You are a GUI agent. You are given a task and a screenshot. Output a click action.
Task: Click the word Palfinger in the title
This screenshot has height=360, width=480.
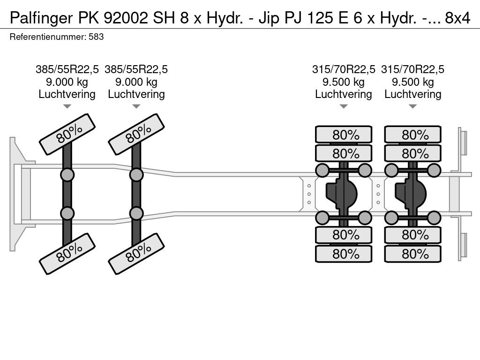click(41, 18)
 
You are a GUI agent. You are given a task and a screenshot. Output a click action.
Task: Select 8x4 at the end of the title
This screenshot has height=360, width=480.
click(457, 18)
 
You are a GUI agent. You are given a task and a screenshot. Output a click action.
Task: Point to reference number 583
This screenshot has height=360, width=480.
click(96, 37)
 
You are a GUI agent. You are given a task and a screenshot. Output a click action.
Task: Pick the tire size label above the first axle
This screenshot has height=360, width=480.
click(67, 69)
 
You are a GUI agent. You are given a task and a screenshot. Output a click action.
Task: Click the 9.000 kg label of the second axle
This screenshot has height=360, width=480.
click(136, 82)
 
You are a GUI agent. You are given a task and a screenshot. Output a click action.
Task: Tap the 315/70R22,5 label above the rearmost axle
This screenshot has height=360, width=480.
click(412, 69)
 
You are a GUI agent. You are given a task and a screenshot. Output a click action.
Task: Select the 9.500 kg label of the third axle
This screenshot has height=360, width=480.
click(344, 82)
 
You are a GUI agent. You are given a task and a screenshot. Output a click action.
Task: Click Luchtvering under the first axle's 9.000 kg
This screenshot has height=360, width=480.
click(67, 94)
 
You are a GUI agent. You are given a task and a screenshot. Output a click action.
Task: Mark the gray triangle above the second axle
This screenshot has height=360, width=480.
click(136, 106)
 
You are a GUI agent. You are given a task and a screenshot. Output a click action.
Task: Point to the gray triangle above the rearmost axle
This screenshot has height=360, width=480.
click(412, 106)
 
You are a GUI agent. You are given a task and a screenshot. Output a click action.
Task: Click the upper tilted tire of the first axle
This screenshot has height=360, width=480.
click(67, 134)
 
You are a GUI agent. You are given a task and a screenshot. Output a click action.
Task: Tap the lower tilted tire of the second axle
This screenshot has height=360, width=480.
click(136, 254)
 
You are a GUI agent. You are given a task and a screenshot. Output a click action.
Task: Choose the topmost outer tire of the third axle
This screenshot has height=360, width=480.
click(344, 135)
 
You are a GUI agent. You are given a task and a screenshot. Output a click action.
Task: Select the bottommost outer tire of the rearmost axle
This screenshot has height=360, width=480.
click(412, 254)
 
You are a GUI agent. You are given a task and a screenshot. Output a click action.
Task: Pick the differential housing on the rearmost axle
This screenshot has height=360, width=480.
click(411, 194)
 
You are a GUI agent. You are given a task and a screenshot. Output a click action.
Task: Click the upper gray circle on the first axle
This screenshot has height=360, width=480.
click(67, 175)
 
